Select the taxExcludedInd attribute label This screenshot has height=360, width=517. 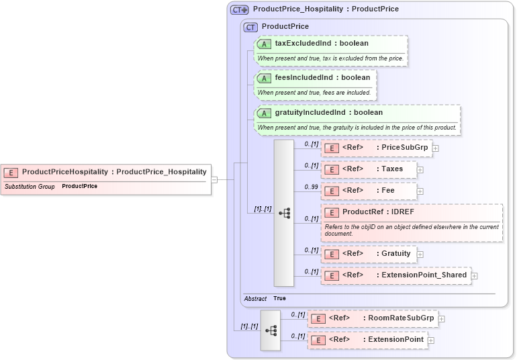click(321, 44)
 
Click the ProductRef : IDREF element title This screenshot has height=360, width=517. click(378, 212)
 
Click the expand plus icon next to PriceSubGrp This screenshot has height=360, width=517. click(436, 148)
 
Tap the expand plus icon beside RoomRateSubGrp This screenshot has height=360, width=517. click(442, 319)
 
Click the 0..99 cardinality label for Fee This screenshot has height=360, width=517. click(311, 187)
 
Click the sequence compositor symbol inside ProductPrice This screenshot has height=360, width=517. click(284, 213)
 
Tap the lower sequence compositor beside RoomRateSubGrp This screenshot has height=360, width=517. click(271, 330)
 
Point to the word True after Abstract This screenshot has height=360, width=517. click(279, 298)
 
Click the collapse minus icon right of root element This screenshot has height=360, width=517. click(214, 179)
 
